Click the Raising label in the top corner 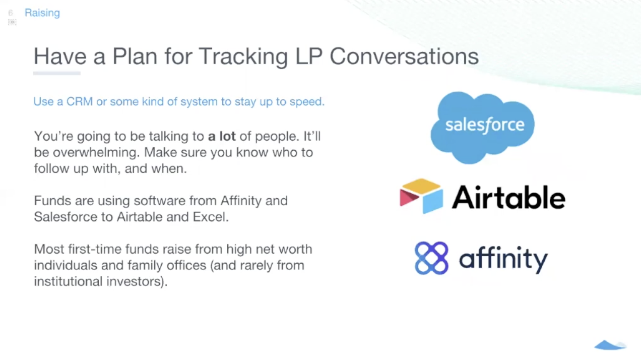click(x=42, y=13)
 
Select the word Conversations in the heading click(x=404, y=56)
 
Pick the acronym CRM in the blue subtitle click(x=80, y=101)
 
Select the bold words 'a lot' click(x=222, y=136)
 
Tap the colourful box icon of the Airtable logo click(x=421, y=196)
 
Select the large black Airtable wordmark click(x=508, y=197)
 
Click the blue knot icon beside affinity click(x=431, y=258)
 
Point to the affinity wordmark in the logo click(x=502, y=259)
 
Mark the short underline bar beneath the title click(x=57, y=74)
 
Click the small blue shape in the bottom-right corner click(x=610, y=345)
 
